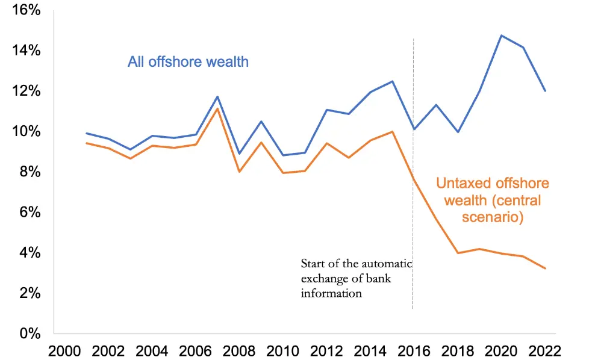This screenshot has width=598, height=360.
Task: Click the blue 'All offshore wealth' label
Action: click(x=188, y=61)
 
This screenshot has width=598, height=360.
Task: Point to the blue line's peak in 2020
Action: click(x=501, y=35)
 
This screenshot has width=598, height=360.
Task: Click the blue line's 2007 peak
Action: click(x=217, y=96)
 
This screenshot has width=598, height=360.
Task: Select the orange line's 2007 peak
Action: click(x=217, y=108)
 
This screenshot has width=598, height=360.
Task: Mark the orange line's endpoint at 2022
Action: click(x=546, y=268)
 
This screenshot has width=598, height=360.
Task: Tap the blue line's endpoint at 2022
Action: click(x=546, y=91)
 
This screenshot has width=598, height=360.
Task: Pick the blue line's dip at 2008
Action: click(x=240, y=154)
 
